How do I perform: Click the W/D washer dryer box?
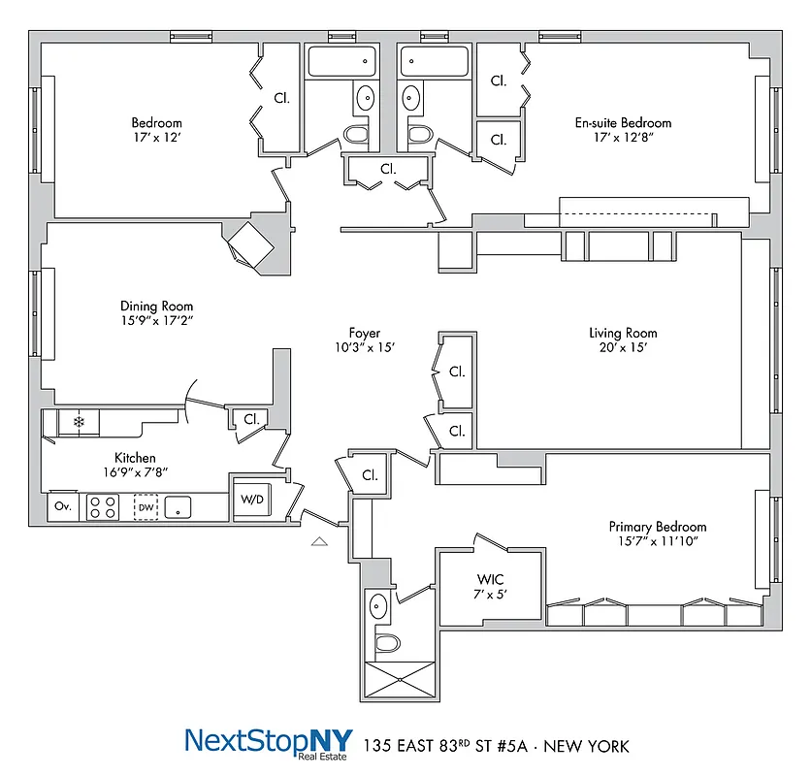(252, 500)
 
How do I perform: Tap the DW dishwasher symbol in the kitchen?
(146, 506)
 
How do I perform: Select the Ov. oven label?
(61, 506)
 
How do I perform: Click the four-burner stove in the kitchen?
(103, 506)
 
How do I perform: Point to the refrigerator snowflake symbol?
(80, 422)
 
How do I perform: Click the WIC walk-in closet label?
(488, 578)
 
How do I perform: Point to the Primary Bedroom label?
(656, 527)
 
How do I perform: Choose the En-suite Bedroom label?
(623, 123)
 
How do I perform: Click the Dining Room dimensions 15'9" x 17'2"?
(156, 320)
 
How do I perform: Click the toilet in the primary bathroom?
(387, 643)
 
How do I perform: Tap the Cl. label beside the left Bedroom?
(281, 98)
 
